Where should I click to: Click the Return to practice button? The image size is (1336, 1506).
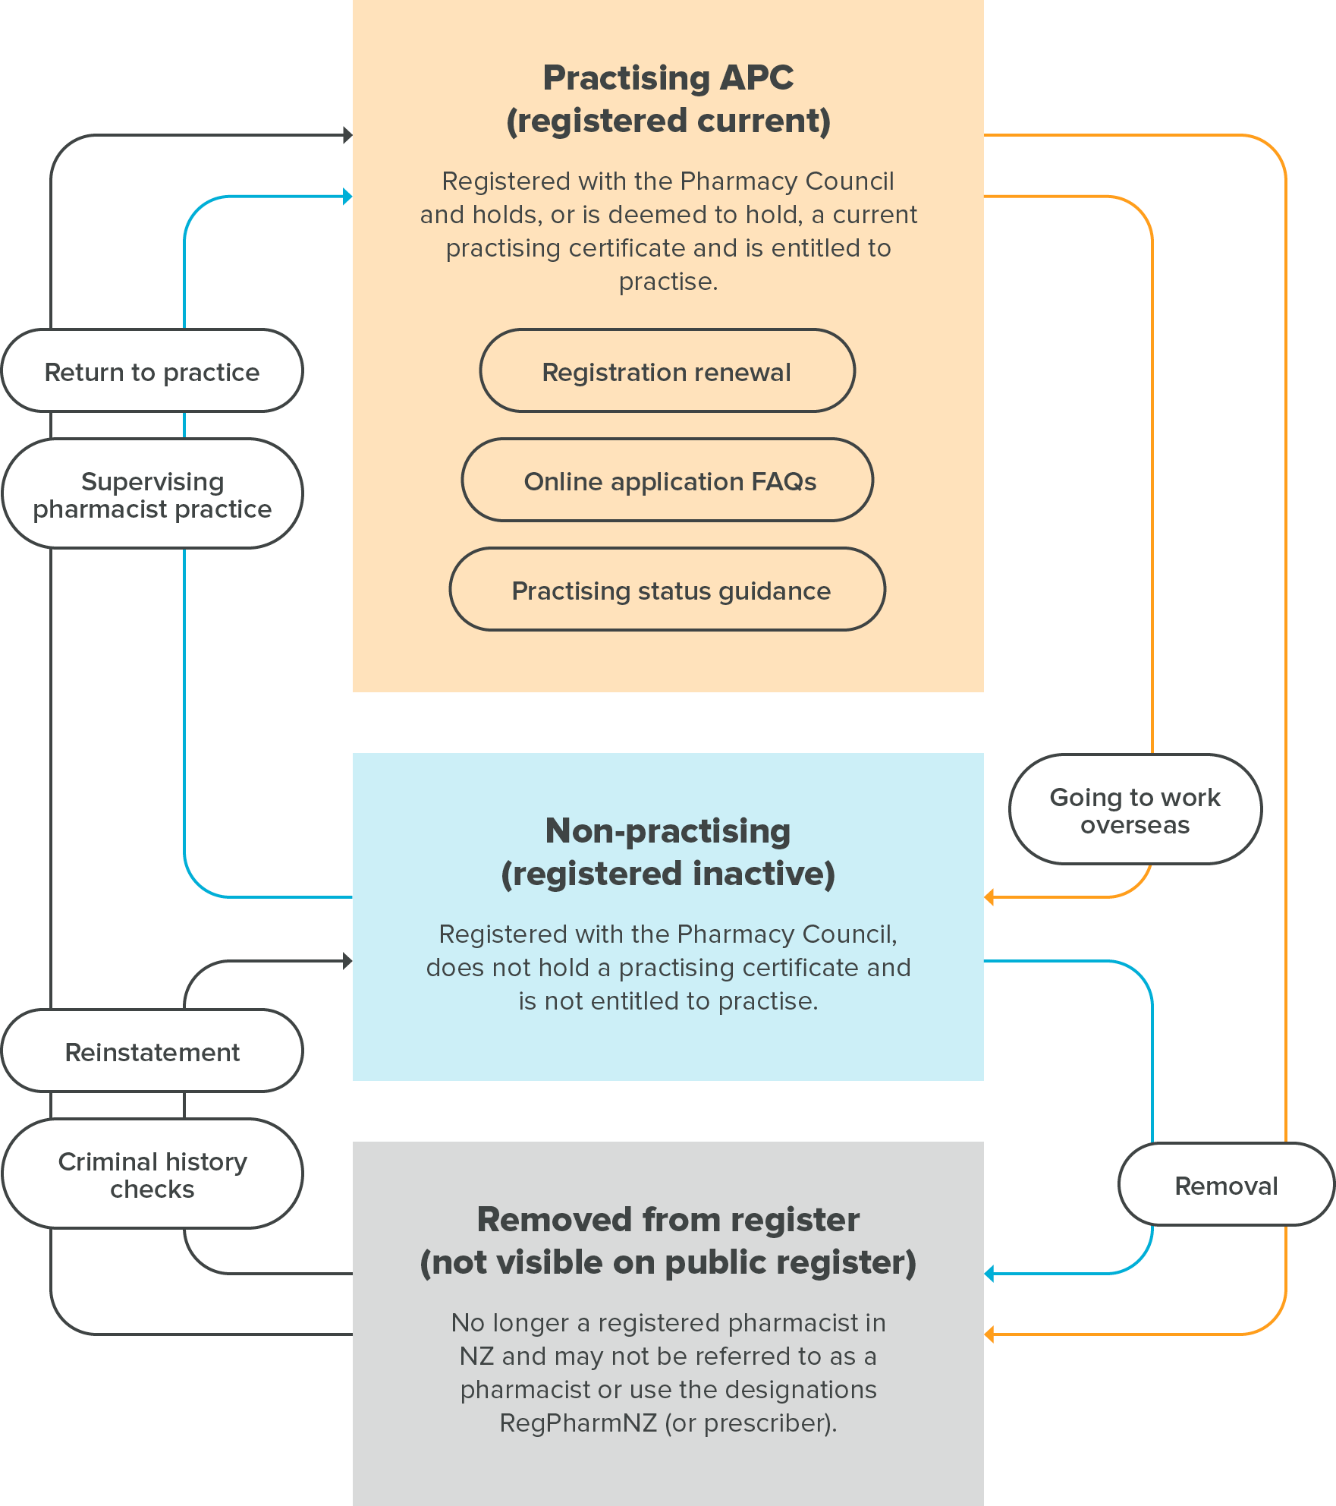pyautogui.click(x=152, y=370)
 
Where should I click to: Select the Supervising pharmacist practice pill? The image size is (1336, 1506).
pyautogui.click(x=152, y=493)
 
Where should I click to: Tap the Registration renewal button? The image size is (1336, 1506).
pyautogui.click(x=668, y=370)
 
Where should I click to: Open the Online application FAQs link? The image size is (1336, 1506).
pyautogui.click(x=668, y=480)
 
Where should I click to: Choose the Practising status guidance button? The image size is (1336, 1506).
pyautogui.click(x=668, y=589)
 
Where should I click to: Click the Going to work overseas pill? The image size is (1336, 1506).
pyautogui.click(x=1135, y=809)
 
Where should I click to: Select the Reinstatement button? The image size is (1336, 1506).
pyautogui.click(x=152, y=1051)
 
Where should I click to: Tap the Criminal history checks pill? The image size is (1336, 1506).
pyautogui.click(x=152, y=1174)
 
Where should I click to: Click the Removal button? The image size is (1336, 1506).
pyautogui.click(x=1226, y=1184)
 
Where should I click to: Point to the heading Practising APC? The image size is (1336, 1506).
pyautogui.click(x=668, y=77)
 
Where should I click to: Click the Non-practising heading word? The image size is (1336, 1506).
pyautogui.click(x=668, y=830)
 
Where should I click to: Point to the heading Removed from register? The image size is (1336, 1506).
pyautogui.click(x=668, y=1219)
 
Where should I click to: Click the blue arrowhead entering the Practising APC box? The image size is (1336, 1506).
pyautogui.click(x=347, y=197)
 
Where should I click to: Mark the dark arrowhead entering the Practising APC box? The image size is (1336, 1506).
pyautogui.click(x=347, y=135)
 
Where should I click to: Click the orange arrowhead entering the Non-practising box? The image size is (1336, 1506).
pyautogui.click(x=989, y=897)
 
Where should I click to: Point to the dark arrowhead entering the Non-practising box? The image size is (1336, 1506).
pyautogui.click(x=347, y=961)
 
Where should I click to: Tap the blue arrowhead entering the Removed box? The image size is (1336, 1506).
pyautogui.click(x=989, y=1274)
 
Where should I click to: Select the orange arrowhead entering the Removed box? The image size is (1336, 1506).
pyautogui.click(x=989, y=1334)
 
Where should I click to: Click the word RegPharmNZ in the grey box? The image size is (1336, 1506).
pyautogui.click(x=578, y=1423)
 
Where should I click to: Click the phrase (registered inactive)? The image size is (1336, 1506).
pyautogui.click(x=668, y=873)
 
